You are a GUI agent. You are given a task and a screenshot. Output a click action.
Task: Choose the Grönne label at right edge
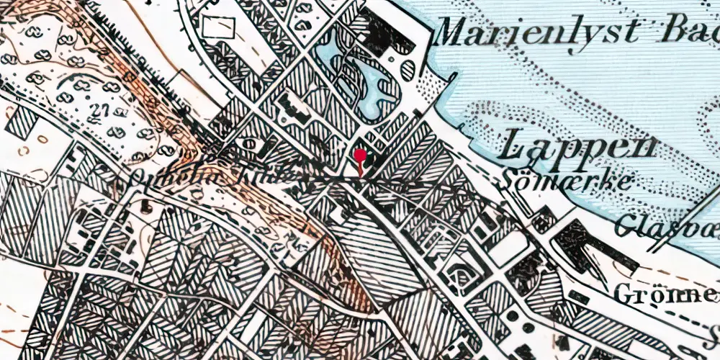(x=666, y=294)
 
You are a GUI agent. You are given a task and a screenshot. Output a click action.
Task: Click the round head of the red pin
(x=361, y=155)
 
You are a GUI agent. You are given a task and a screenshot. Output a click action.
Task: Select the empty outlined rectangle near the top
(x=220, y=27)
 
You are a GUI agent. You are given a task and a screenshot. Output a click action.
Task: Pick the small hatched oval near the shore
(x=408, y=70)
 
